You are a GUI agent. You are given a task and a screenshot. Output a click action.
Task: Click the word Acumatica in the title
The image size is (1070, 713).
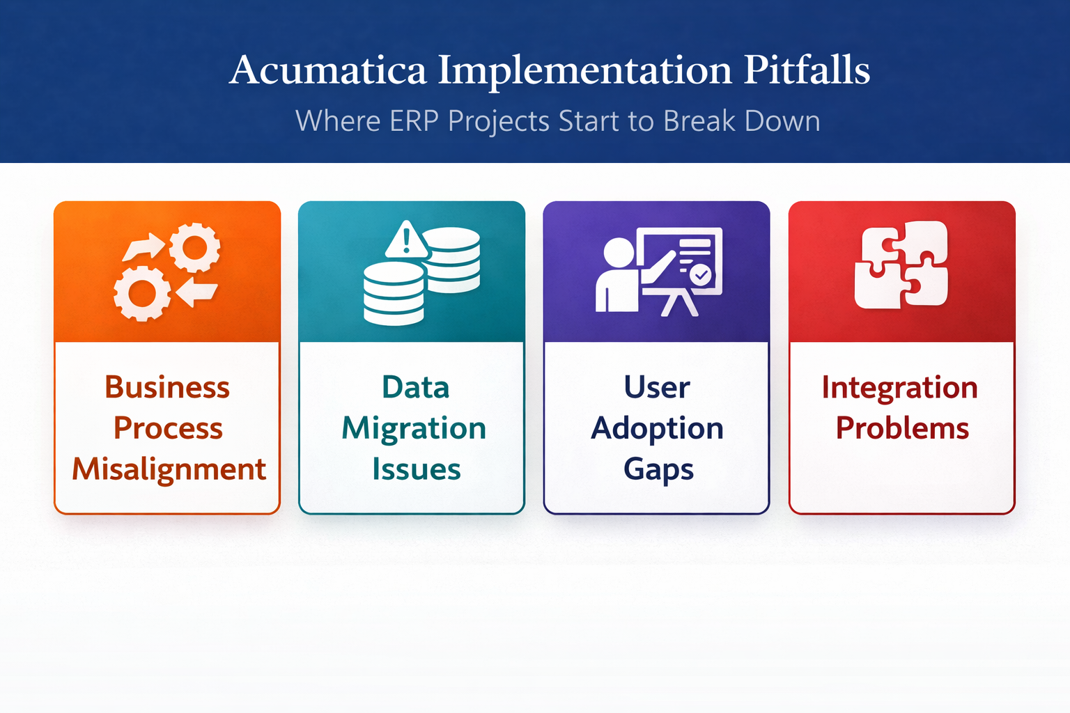[x=327, y=70]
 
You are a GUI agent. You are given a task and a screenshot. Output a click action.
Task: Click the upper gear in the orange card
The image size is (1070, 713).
[x=195, y=247]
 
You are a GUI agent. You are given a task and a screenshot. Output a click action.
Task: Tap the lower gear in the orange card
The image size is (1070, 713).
[x=142, y=293]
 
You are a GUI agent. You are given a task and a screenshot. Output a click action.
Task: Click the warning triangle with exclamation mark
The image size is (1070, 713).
[x=406, y=241]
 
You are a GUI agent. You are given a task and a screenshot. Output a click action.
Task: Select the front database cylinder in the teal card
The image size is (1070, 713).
[x=394, y=293]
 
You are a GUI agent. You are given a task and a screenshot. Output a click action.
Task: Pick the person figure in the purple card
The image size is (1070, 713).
[x=617, y=276]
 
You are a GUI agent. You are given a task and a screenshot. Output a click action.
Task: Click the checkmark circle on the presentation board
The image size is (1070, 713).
[x=701, y=275]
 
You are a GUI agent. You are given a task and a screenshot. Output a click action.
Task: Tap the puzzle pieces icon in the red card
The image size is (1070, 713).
[x=901, y=265]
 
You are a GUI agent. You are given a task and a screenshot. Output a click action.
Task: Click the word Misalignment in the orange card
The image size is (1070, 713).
[x=169, y=469]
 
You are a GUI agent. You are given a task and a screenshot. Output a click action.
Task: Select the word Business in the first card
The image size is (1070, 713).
[x=167, y=387]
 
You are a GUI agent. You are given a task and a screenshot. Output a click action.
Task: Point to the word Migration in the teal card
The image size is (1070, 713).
[x=414, y=429]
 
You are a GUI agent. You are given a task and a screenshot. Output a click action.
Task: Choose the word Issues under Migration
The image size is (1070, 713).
[x=416, y=469]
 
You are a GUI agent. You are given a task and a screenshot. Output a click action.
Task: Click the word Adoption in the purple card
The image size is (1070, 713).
[x=657, y=429]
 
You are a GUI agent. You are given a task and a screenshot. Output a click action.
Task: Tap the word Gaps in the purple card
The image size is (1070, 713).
[x=658, y=470]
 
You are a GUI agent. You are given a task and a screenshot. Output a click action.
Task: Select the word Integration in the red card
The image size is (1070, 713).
[x=899, y=388]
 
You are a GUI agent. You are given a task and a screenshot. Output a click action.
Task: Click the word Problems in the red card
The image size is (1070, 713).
[x=902, y=428]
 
